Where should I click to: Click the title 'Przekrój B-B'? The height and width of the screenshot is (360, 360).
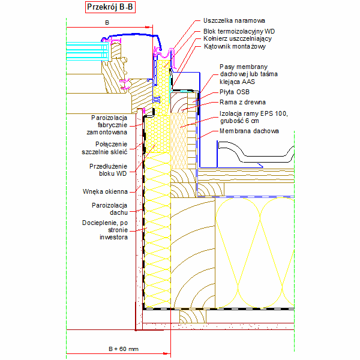[x=110, y=7]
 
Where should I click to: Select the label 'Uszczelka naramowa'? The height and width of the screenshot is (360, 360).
[x=234, y=20]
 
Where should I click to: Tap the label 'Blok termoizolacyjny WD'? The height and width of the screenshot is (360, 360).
[x=239, y=31]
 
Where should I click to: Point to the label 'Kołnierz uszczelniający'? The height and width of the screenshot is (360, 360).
[x=238, y=38]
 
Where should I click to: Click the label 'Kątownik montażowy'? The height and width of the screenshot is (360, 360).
[x=235, y=46]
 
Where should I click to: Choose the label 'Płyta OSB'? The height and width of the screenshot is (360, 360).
[x=235, y=92]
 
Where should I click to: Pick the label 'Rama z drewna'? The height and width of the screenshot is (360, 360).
[x=242, y=102]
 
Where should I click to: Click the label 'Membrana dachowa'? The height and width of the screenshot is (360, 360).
[x=249, y=131]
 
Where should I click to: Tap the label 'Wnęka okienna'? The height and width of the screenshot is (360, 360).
[x=105, y=191]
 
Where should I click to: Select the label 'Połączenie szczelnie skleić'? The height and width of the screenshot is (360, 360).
[x=104, y=148]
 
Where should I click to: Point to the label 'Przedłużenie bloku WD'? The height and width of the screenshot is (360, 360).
[x=108, y=170]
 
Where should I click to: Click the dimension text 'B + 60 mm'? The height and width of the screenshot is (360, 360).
[x=124, y=349]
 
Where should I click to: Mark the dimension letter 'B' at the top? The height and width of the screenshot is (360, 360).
[x=107, y=23]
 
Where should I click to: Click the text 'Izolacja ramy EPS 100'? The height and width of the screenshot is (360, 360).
[x=254, y=113]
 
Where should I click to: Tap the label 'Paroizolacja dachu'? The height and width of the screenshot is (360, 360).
[x=110, y=209]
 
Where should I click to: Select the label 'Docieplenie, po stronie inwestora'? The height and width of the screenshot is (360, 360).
[x=105, y=230]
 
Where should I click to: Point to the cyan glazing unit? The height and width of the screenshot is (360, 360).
[x=87, y=51]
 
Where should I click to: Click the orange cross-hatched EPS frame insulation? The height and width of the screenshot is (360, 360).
[x=179, y=141]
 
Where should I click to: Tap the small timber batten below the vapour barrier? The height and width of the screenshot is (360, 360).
[x=193, y=316]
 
